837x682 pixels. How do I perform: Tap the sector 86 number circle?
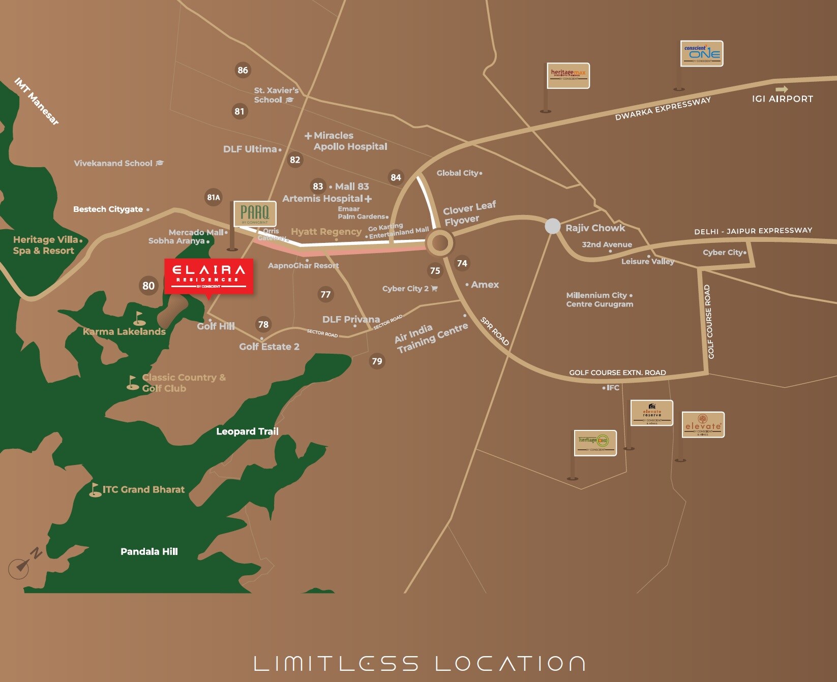pos(243,70)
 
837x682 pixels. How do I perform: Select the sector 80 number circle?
pos(148,286)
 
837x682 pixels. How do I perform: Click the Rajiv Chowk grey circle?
pos(553,226)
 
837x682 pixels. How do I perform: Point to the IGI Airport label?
pos(782,99)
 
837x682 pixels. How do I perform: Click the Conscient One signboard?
pos(702,53)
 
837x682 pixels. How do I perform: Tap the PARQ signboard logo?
pos(255,213)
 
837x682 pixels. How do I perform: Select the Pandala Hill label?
pos(149,551)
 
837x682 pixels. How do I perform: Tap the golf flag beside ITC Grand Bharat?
pos(95,489)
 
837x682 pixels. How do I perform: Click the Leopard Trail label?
pos(247,431)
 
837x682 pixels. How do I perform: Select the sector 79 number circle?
pos(377,361)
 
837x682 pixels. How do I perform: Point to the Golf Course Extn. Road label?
pos(617,373)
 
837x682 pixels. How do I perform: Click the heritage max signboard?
pos(568,75)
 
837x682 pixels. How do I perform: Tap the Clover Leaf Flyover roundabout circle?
pos(439,243)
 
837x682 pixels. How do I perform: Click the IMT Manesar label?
pos(36,101)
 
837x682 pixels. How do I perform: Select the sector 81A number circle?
pos(214,197)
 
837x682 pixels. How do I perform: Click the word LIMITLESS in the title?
pos(336,663)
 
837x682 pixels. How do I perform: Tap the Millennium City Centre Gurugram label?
pos(599,299)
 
